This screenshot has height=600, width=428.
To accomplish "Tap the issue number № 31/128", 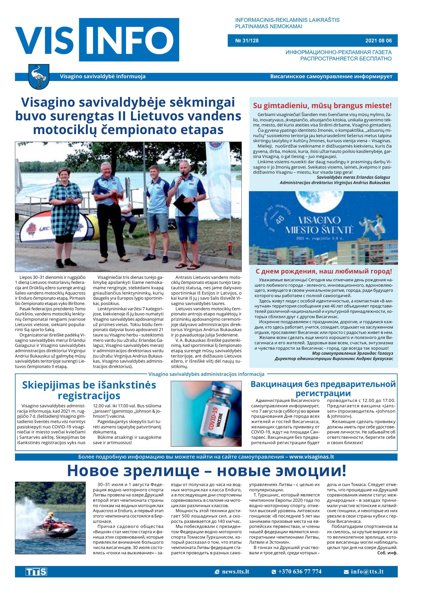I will pyautogui.click(x=247, y=41).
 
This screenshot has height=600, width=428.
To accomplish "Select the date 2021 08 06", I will pyautogui.click(x=378, y=41).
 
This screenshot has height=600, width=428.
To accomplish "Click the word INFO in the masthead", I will pyautogui.click(x=129, y=40).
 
